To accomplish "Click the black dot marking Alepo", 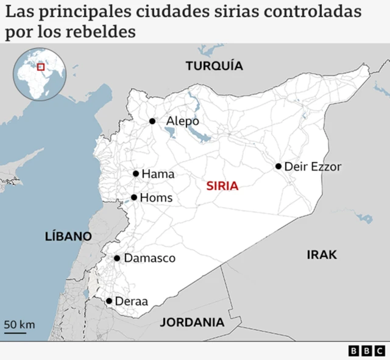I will pyautogui.click(x=152, y=121).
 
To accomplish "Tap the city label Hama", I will pyautogui.click(x=158, y=174).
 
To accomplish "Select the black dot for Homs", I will pyautogui.click(x=134, y=197).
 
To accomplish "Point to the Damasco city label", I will pyautogui.click(x=149, y=258).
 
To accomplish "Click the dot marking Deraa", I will pyautogui.click(x=109, y=301).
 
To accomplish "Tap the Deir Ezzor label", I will pyautogui.click(x=313, y=166).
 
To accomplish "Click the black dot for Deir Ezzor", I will pyautogui.click(x=278, y=166).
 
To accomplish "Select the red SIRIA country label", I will pyautogui.click(x=222, y=186).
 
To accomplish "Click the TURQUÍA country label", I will pyautogui.click(x=214, y=66).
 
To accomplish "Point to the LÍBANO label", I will pyautogui.click(x=68, y=236).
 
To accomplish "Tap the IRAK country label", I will pyautogui.click(x=322, y=255).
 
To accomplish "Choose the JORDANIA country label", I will pyautogui.click(x=192, y=322).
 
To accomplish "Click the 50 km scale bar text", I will pyautogui.click(x=19, y=324).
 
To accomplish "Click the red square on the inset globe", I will pyautogui.click(x=41, y=67).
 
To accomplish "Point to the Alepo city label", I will pyautogui.click(x=183, y=121).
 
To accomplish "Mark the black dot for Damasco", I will pyautogui.click(x=117, y=258).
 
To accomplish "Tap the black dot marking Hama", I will pyautogui.click(x=136, y=174).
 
